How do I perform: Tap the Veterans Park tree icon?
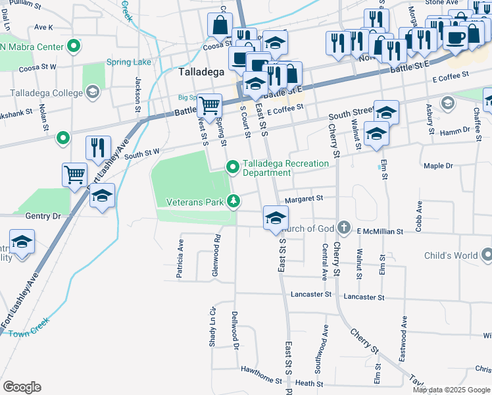point(233,201)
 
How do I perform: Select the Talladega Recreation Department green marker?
point(232,168)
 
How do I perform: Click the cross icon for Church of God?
point(343,227)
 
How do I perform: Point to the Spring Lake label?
point(129,63)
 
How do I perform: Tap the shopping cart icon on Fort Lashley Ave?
point(75,175)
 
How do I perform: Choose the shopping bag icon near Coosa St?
point(219,26)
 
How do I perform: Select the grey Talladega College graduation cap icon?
point(93,92)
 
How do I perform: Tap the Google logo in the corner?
point(22,387)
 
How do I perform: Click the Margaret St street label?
point(304,198)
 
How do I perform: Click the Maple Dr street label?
point(439,166)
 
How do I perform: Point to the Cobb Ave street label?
point(418,221)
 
